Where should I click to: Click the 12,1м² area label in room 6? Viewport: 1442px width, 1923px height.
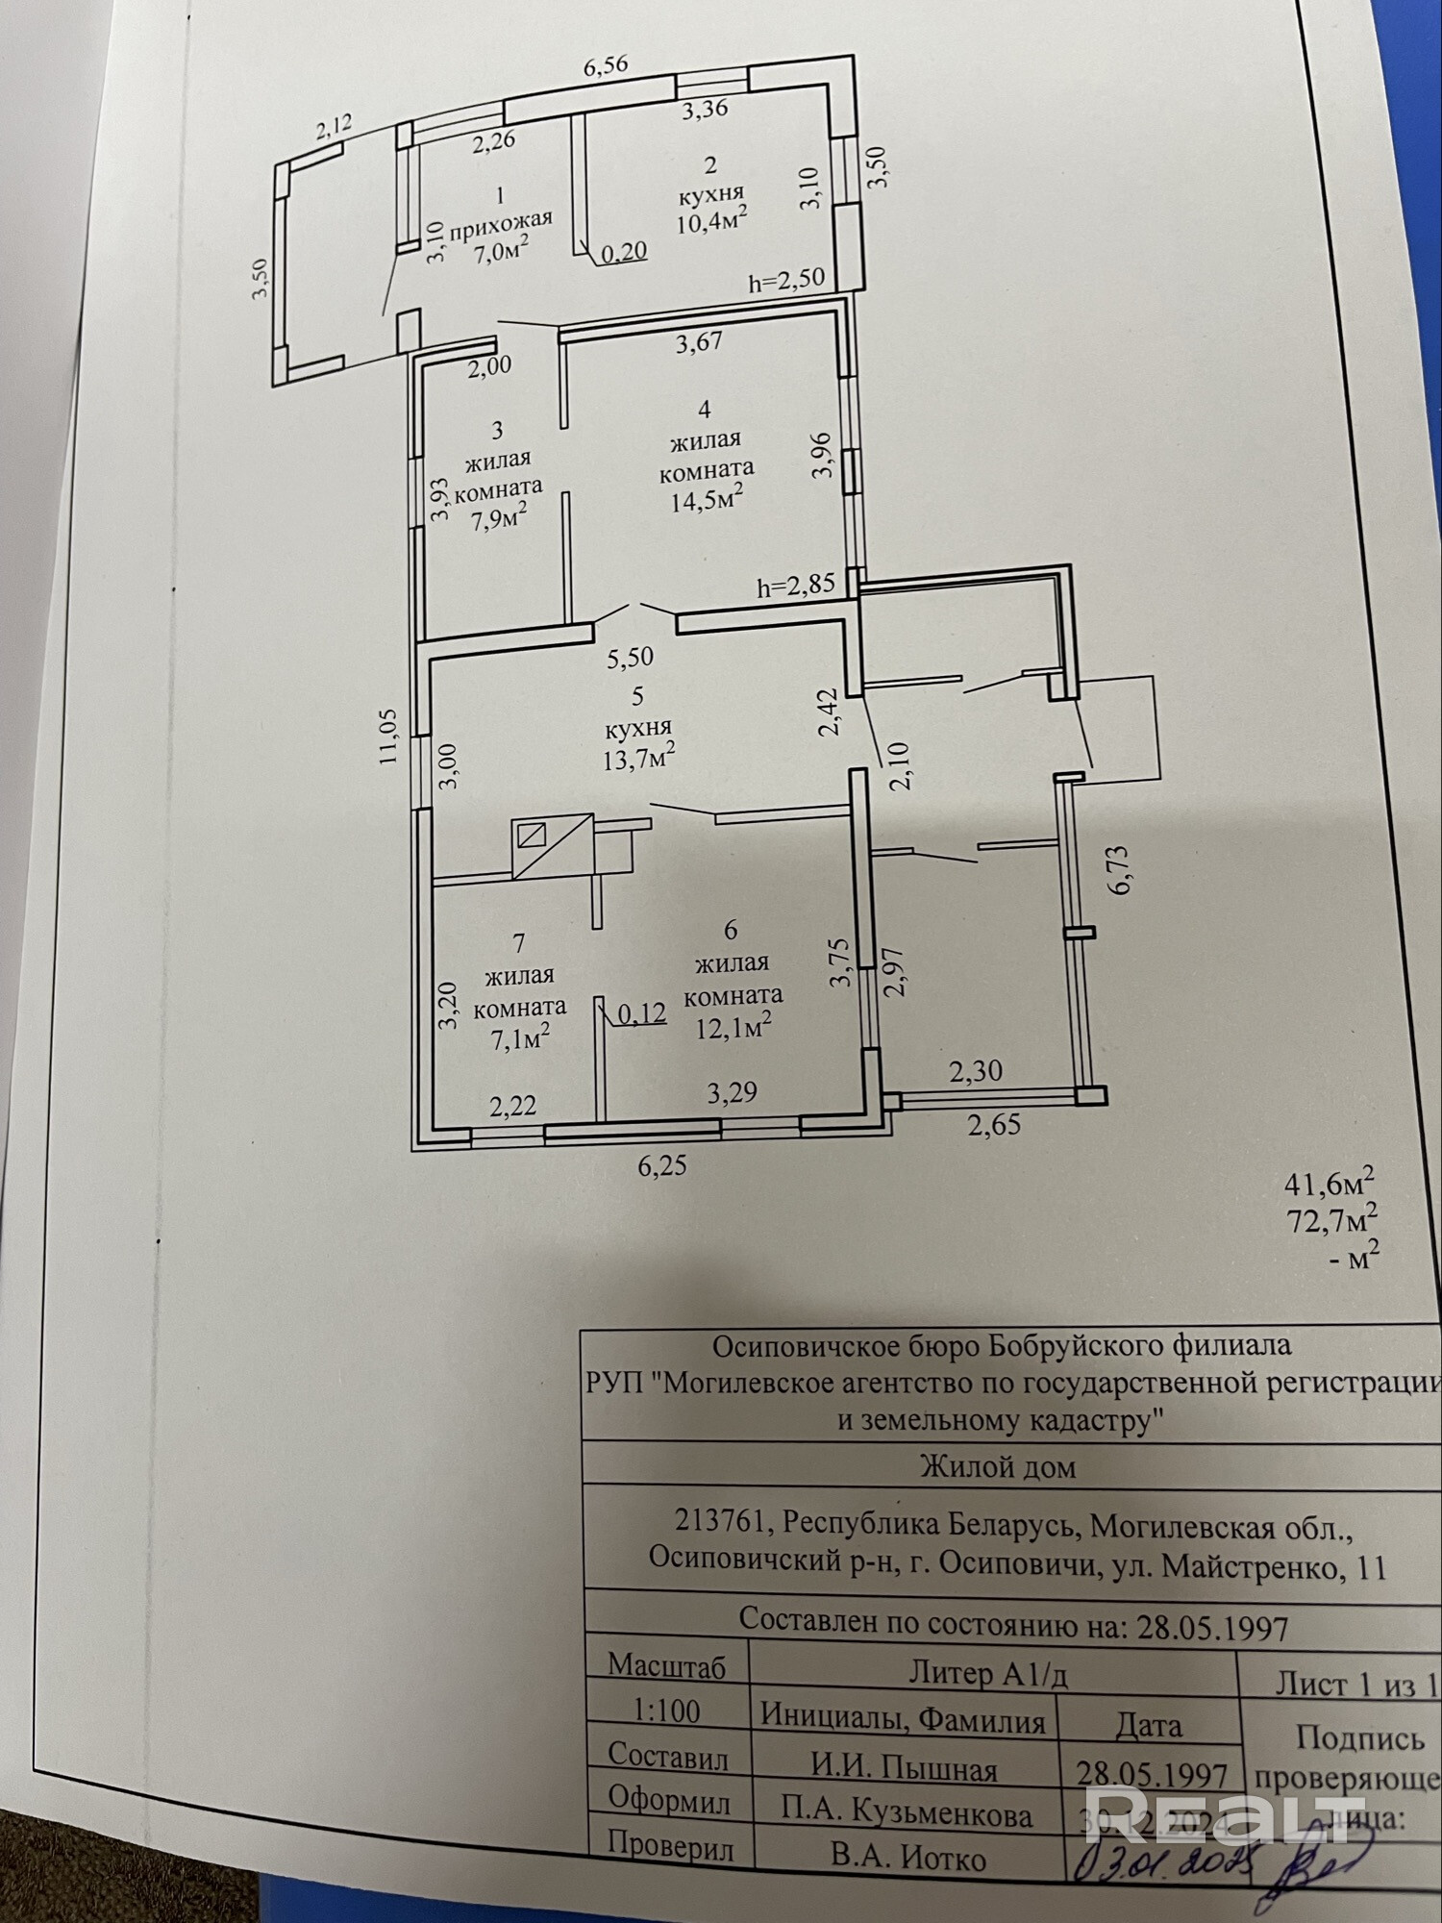click(734, 1027)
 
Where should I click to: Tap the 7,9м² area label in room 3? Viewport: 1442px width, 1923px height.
click(498, 519)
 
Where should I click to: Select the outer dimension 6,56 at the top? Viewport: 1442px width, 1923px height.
click(607, 65)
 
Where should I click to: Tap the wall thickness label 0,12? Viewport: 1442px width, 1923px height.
click(642, 1013)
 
